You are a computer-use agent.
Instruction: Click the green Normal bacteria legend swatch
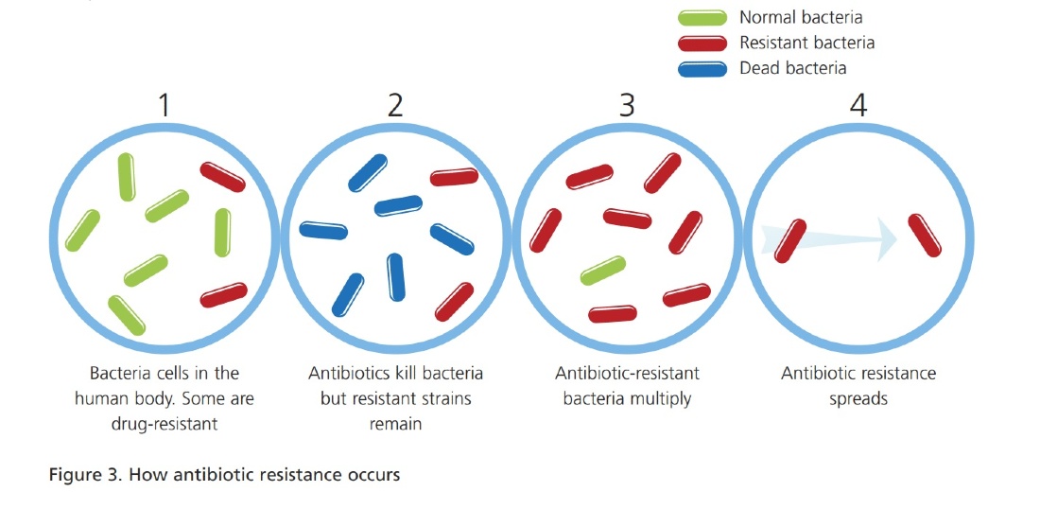point(702,18)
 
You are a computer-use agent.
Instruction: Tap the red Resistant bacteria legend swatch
point(702,44)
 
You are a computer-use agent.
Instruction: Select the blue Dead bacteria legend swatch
point(702,68)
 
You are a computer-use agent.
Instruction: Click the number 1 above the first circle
point(164,105)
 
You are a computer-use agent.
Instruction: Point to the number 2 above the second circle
point(395,105)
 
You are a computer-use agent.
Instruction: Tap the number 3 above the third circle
point(626,105)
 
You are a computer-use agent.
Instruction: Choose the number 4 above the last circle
point(858,105)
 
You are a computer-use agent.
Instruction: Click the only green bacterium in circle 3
point(603,270)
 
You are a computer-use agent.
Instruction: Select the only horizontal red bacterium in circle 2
point(455,177)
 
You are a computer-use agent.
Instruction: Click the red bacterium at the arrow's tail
point(790,240)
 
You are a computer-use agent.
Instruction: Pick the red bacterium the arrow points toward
point(925,235)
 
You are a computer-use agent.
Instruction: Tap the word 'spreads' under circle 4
point(858,399)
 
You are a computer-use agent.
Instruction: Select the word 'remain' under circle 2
point(395,424)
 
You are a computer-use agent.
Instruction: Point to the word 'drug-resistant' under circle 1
point(164,424)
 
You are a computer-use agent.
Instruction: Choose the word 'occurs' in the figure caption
point(374,476)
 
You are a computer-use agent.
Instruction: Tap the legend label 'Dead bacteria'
point(792,68)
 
